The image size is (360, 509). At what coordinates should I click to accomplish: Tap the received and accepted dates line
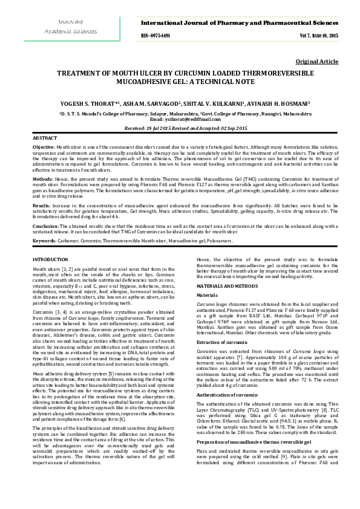click(179, 129)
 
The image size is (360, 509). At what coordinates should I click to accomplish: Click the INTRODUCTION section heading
click(50, 259)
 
